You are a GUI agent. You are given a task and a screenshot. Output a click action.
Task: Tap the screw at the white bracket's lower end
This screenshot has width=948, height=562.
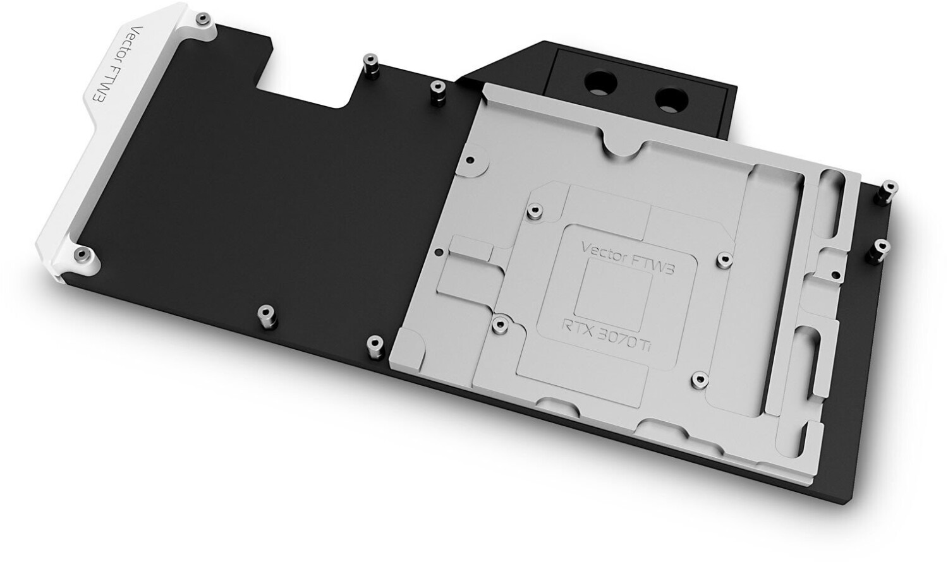point(81,254)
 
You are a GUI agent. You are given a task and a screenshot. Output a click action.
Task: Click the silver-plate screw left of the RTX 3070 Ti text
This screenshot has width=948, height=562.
point(500,323)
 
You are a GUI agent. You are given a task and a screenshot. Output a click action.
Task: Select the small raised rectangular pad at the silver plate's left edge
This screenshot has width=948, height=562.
point(471,248)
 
